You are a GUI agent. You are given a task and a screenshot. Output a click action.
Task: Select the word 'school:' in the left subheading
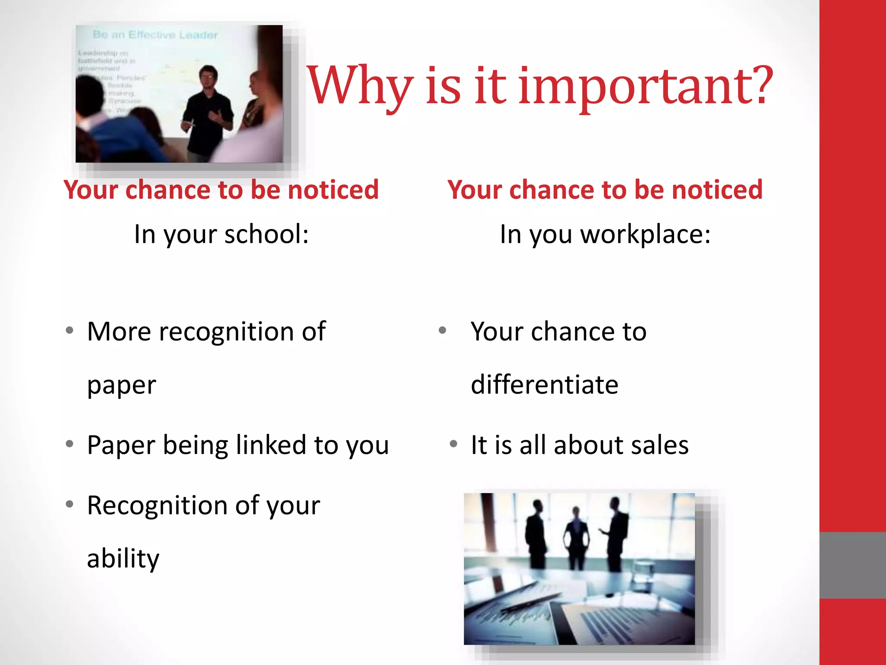tap(266, 234)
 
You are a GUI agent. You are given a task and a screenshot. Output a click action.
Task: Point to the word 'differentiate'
tap(544, 384)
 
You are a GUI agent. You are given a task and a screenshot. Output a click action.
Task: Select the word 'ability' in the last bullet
tap(123, 558)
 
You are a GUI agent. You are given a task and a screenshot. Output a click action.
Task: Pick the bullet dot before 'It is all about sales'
tap(453, 444)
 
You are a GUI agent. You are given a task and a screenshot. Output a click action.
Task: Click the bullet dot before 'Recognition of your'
tap(69, 504)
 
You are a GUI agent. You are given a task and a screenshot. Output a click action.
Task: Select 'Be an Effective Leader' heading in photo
tap(155, 35)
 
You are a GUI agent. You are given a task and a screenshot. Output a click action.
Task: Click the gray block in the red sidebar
tap(852, 565)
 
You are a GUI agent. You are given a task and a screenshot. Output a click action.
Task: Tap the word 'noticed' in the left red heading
tap(333, 190)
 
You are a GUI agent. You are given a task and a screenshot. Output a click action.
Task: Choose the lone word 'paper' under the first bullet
tap(122, 385)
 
